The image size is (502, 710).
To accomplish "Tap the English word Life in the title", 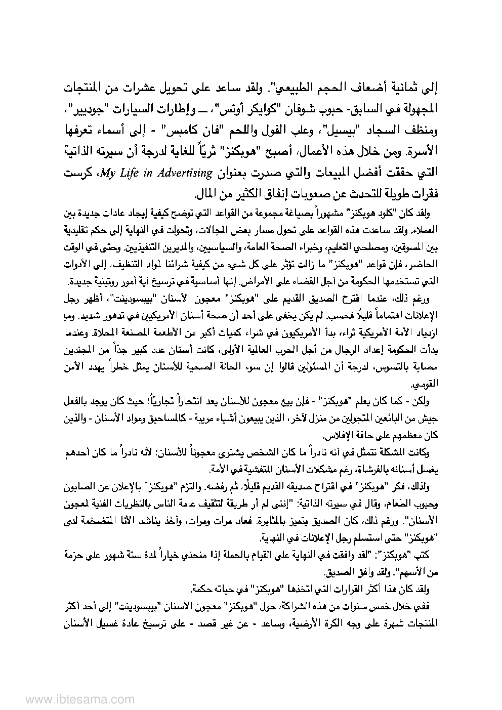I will pos(131,173).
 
